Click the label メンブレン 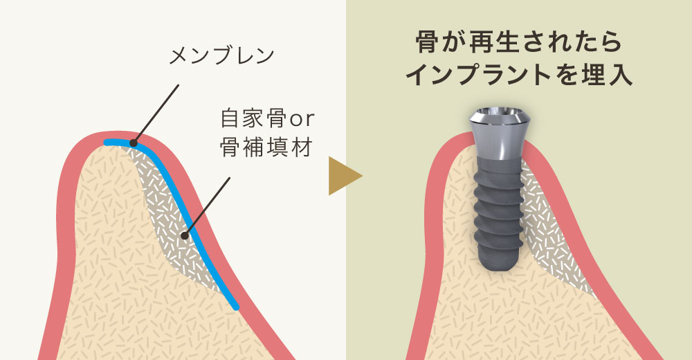[x=222, y=56]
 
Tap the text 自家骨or [x=267, y=118]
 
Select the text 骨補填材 [x=266, y=147]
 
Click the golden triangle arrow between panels [x=345, y=176]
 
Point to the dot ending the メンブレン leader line [x=134, y=143]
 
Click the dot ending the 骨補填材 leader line [x=185, y=235]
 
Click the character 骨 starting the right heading [x=427, y=42]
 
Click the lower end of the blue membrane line [x=237, y=307]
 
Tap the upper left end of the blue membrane [x=107, y=142]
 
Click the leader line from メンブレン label [x=156, y=114]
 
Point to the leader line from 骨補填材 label [x=207, y=207]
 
